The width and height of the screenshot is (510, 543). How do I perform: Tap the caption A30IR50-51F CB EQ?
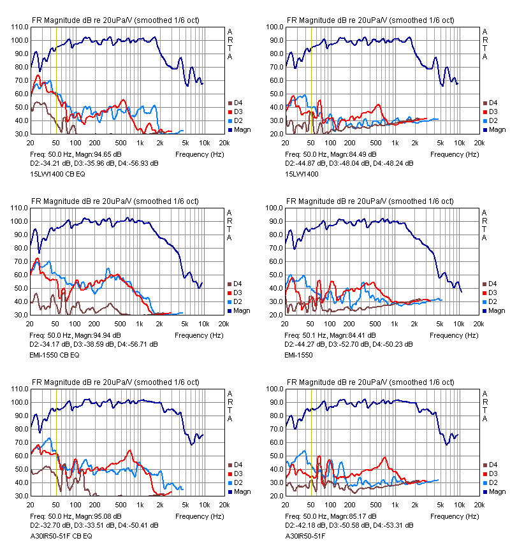61,536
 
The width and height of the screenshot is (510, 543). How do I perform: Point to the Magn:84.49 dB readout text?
354,154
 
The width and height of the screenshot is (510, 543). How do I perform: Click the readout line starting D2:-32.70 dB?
94,526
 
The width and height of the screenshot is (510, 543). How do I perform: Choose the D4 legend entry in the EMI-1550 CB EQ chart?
235,284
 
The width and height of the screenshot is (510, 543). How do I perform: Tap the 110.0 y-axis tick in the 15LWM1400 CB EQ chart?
20,27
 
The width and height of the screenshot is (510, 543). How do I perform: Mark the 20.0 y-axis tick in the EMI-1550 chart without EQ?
275,315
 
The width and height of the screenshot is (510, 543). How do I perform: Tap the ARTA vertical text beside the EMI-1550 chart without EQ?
484,225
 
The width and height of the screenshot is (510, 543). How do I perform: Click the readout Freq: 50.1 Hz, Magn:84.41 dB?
331,335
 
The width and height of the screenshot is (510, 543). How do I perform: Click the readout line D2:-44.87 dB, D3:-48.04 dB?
349,163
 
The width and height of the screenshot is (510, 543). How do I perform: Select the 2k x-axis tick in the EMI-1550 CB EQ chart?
159,324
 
